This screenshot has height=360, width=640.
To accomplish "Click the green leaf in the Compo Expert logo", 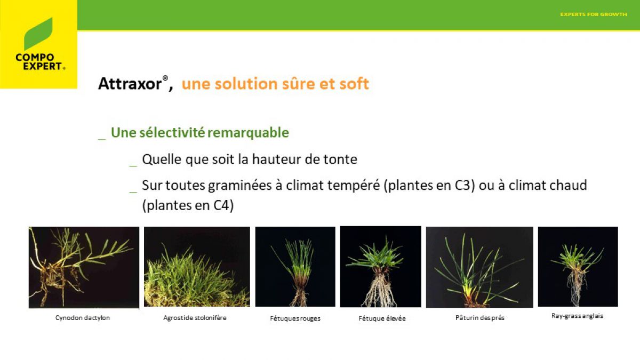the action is point(38,34).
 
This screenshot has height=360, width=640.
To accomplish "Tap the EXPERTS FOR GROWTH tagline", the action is point(594,14).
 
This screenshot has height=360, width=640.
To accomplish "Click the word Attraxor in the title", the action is point(130,84).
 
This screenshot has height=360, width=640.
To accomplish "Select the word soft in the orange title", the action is point(354,84).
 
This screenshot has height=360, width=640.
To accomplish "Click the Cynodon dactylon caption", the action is point(83,318).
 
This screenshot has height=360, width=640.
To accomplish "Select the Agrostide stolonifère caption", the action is point(195,318).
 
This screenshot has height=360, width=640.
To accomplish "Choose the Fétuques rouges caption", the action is point(295,318).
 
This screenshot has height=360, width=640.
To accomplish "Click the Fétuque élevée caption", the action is point(382,318).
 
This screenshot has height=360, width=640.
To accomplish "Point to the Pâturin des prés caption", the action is point(479,318).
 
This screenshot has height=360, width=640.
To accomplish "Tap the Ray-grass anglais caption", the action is point(577,316).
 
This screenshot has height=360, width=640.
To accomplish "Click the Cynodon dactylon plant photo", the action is point(84,267).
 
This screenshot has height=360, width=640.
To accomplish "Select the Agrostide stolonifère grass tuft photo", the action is point(197,267).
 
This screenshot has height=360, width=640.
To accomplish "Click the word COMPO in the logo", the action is point(35,58).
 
